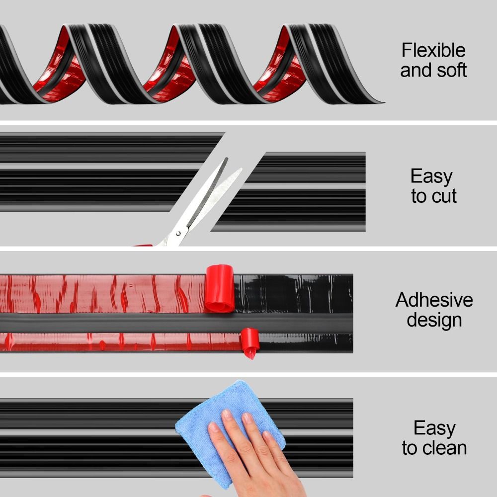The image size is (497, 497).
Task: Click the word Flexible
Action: pos(433,51)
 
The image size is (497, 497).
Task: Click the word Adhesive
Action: pos(434,300)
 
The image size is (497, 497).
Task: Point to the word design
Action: pos(434,320)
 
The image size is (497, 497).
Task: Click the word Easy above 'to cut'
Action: pos(431,176)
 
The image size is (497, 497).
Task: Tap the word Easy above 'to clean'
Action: pos(434,428)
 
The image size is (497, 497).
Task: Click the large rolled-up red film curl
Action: pos(219,288)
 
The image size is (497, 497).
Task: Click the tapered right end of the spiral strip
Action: pos(378,102)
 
